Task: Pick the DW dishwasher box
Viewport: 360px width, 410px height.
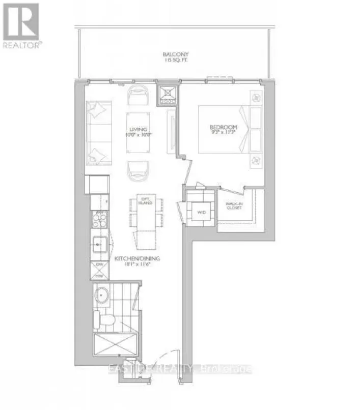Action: [99, 266]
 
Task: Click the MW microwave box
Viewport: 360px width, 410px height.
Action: [99, 275]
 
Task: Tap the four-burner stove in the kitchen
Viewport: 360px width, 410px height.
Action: [98, 220]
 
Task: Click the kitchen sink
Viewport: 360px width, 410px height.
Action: [99, 244]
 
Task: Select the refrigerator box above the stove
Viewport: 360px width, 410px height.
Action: [97, 184]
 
